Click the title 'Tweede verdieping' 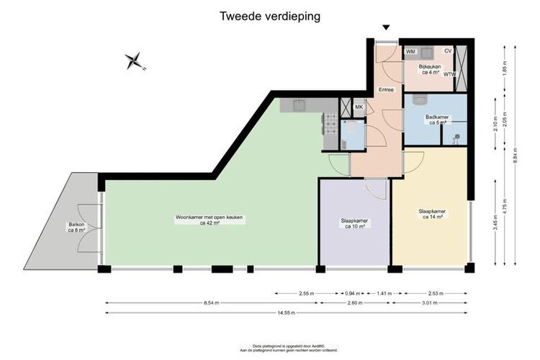pyautogui.click(x=270, y=14)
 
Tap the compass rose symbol pyautogui.click(x=133, y=61)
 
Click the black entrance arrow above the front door pyautogui.click(x=386, y=28)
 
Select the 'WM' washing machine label pyautogui.click(x=410, y=52)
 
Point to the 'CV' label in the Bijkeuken pyautogui.click(x=448, y=51)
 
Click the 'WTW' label pyautogui.click(x=450, y=74)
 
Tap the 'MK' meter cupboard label pyautogui.click(x=359, y=107)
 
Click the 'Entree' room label pyautogui.click(x=386, y=89)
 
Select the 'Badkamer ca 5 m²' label pyautogui.click(x=437, y=119)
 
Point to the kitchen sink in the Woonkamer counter pyautogui.click(x=295, y=106)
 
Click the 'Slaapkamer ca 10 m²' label pyautogui.click(x=355, y=223)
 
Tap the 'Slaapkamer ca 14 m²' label pyautogui.click(x=432, y=214)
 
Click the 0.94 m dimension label pyautogui.click(x=352, y=294)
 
